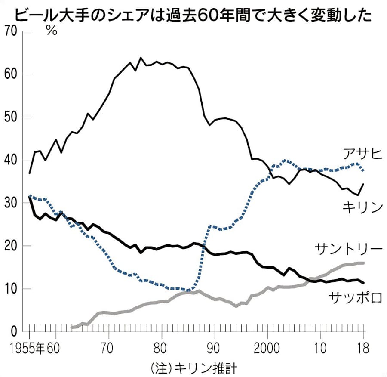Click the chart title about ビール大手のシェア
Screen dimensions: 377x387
[x=193, y=15]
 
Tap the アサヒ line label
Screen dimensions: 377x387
[x=362, y=153]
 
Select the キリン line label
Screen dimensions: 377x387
[x=362, y=207]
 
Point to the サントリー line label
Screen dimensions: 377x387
[x=348, y=248]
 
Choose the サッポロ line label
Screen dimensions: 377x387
[x=355, y=297]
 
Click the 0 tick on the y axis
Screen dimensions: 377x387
[x=14, y=332]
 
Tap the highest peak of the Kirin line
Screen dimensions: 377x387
[x=141, y=58]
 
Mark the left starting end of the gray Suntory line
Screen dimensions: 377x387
[x=72, y=328]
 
